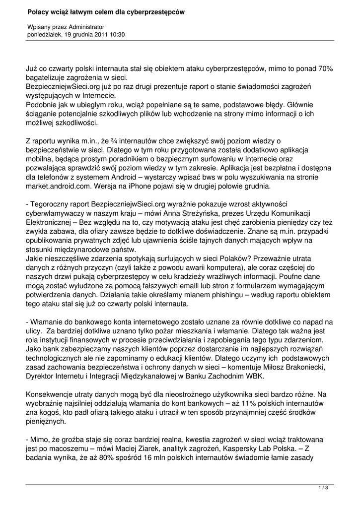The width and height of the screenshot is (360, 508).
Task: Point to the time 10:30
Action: point(118,35)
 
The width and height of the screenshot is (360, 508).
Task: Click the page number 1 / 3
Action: point(323,488)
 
